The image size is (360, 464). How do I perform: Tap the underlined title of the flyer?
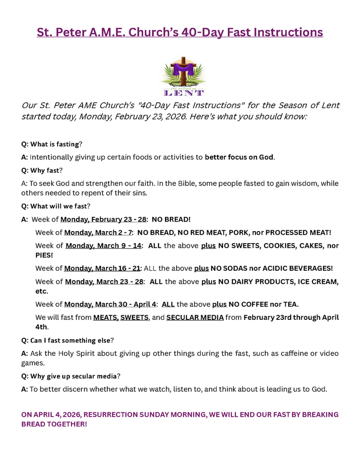[180, 32]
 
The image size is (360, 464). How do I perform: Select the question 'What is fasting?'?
[52, 144]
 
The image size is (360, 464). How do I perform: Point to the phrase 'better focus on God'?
[239, 157]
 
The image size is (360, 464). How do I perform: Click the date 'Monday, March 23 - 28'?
[104, 281]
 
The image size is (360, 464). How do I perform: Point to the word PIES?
[44, 255]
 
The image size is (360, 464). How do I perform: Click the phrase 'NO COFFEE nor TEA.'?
[263, 304]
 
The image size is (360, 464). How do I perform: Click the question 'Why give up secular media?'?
[71, 376]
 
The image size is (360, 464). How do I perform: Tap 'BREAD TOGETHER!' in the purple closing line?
[54, 424]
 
